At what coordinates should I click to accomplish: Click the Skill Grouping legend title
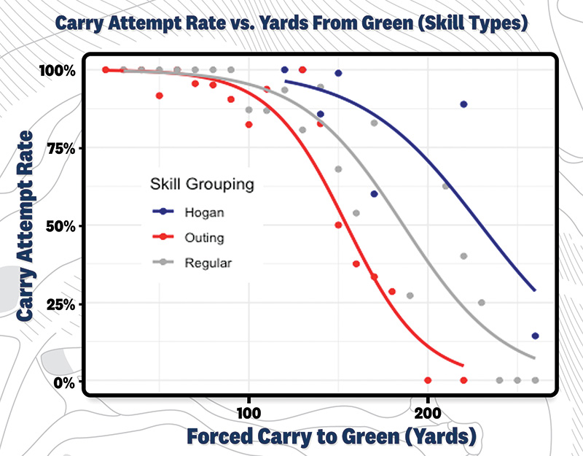pos(200,184)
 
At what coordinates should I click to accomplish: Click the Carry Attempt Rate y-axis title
pos(27,226)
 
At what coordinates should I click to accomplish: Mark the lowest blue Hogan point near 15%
pos(535,336)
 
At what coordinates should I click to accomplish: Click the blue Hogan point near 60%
pos(374,194)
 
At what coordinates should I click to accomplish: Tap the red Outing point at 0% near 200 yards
pos(428,380)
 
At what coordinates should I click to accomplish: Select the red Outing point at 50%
pos(338,225)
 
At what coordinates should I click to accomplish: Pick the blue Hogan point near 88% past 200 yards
pos(463,104)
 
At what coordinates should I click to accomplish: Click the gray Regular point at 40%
pos(463,256)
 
